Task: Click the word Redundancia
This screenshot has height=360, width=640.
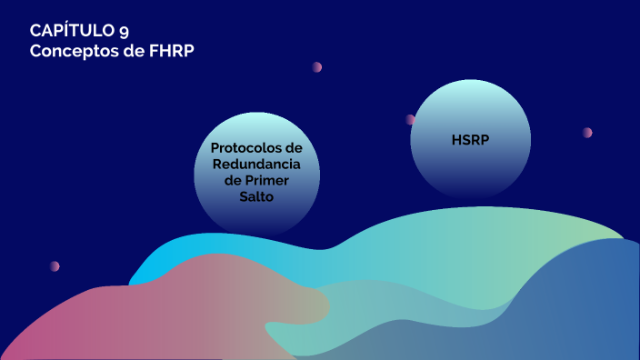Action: pyautogui.click(x=256, y=165)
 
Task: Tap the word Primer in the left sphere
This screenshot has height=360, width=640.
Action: pyautogui.click(x=270, y=181)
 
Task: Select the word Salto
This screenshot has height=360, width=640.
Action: pyautogui.click(x=256, y=197)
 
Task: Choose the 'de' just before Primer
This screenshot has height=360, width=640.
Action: pyautogui.click(x=233, y=181)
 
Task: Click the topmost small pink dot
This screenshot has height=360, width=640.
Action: pyautogui.click(x=317, y=67)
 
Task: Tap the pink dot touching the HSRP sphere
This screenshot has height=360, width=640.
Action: pyautogui.click(x=411, y=119)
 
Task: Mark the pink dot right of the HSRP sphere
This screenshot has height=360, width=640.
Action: pyautogui.click(x=587, y=133)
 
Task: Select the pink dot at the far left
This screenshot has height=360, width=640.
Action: pyautogui.click(x=55, y=266)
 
